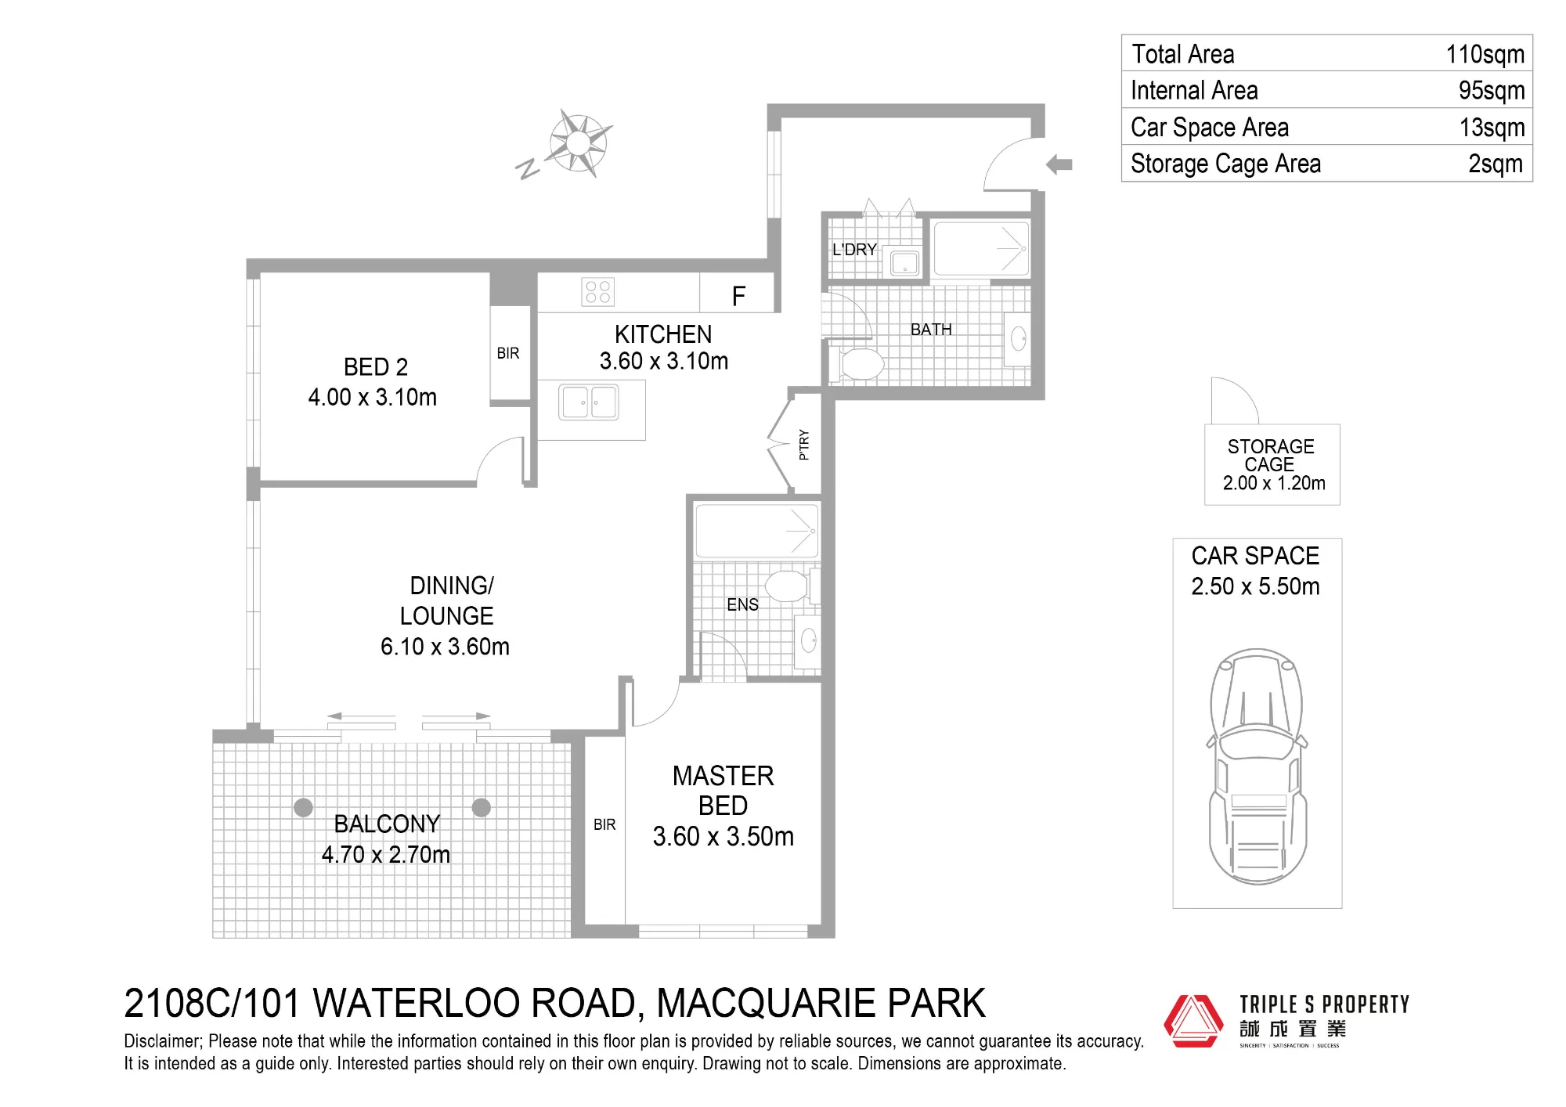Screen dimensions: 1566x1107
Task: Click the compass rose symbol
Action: coord(578,143)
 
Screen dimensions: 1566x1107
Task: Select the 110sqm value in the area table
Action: coord(1485,54)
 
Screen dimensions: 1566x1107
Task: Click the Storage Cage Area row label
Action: coord(1225,164)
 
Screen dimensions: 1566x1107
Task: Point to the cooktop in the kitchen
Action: coord(598,292)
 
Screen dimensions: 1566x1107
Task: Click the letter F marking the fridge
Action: coord(738,296)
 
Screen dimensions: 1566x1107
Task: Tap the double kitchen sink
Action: coord(589,402)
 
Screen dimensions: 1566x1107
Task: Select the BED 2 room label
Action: coord(376,367)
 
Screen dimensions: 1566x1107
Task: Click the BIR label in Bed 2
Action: coord(508,353)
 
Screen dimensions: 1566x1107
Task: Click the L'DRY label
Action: coord(854,250)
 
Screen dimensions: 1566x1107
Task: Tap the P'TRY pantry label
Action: coord(803,445)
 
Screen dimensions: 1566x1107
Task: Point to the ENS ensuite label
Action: coord(742,604)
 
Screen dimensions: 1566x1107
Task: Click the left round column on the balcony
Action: coord(303,807)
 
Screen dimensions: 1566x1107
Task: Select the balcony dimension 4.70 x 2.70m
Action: coord(386,854)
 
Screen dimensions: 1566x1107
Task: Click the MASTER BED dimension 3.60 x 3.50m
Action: coord(723,836)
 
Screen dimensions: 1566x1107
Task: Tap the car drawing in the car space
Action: coord(1257,766)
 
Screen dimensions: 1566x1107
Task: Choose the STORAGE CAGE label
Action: coord(1271,456)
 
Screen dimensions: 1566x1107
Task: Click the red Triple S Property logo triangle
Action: coord(1193,1021)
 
